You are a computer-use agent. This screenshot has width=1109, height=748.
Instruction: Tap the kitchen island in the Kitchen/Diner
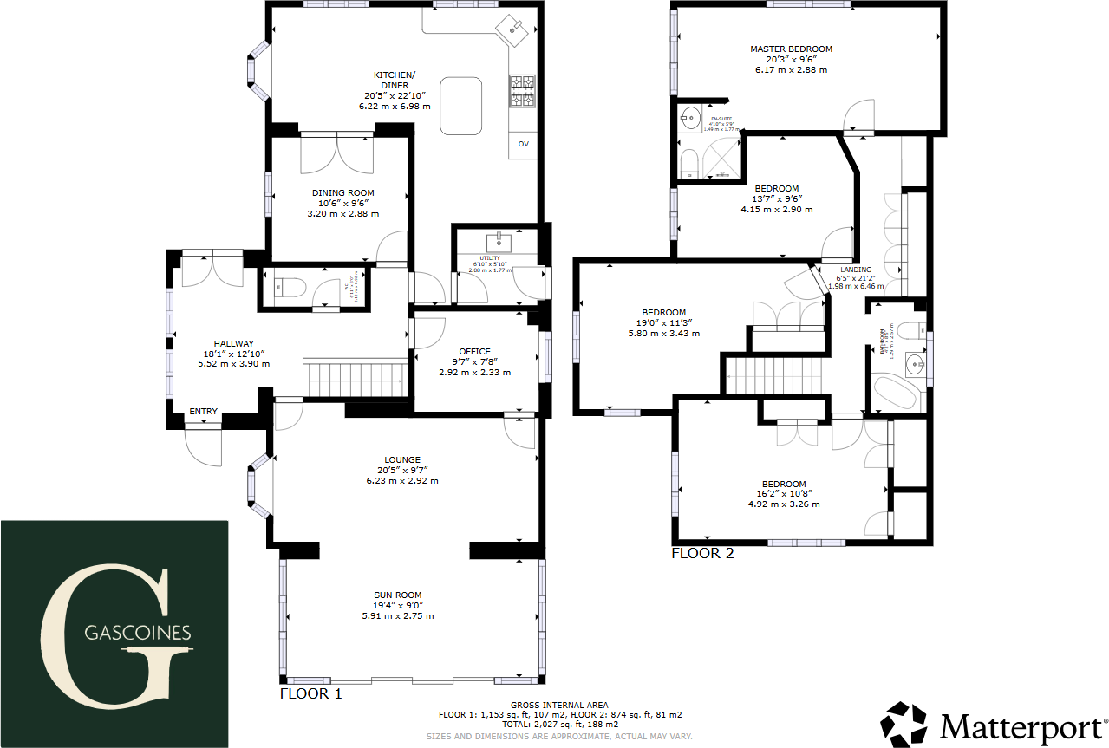point(461,105)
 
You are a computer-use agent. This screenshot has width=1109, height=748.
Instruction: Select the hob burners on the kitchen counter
point(522,92)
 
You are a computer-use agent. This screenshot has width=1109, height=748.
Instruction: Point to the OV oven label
point(523,144)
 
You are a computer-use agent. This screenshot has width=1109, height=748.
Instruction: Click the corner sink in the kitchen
point(515,31)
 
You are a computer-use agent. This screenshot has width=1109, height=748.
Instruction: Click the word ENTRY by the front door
point(204,412)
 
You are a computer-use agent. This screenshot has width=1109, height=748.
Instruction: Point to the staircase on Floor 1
point(356,378)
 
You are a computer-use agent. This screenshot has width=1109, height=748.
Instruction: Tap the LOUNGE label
point(402,460)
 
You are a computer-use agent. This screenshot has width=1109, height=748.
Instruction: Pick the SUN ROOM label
point(397,595)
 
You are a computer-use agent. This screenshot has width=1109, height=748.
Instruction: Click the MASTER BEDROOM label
point(791,49)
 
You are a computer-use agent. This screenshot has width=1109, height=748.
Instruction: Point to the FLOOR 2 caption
point(702,553)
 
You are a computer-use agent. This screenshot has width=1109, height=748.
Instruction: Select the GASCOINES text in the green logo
point(138,634)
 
